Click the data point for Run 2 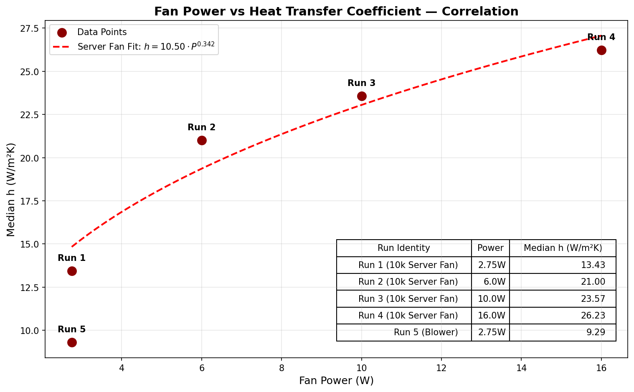pyautogui.click(x=202, y=140)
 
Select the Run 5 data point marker pyautogui.click(x=72, y=342)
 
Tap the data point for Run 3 pyautogui.click(x=362, y=96)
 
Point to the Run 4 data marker pyautogui.click(x=601, y=50)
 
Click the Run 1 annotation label pyautogui.click(x=71, y=258)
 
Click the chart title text pyautogui.click(x=336, y=11)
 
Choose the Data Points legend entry pyautogui.click(x=102, y=32)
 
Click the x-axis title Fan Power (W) pyautogui.click(x=336, y=381)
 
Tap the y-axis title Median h pyautogui.click(x=11, y=190)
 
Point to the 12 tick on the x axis pyautogui.click(x=441, y=367)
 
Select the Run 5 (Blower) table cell pyautogui.click(x=426, y=333)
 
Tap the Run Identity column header pyautogui.click(x=403, y=248)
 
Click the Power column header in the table pyautogui.click(x=490, y=248)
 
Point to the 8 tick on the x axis pyautogui.click(x=281, y=367)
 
